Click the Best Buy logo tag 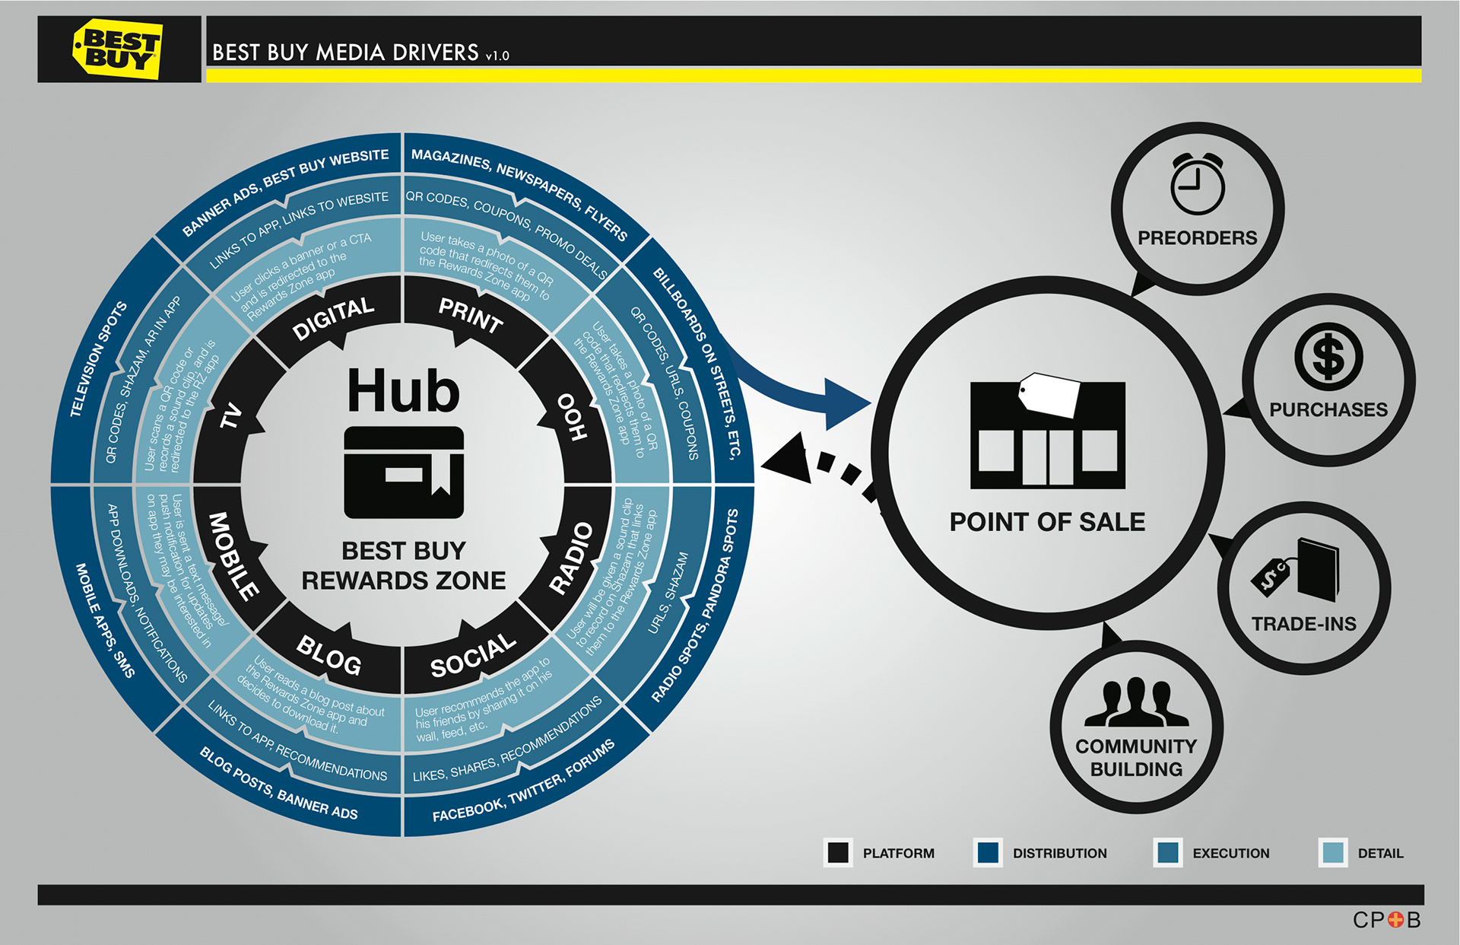point(117,49)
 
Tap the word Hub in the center point(403,391)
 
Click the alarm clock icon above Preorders point(1197,184)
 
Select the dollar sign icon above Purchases point(1328,357)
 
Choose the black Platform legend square point(838,852)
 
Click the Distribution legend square point(988,852)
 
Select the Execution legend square point(1167,852)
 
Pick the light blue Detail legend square point(1332,852)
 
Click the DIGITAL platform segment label point(333,318)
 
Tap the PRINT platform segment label point(471,315)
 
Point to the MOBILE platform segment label point(233,555)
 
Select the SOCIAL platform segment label point(472,655)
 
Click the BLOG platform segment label point(329,654)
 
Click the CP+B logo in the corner point(1385,920)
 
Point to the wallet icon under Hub point(403,473)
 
